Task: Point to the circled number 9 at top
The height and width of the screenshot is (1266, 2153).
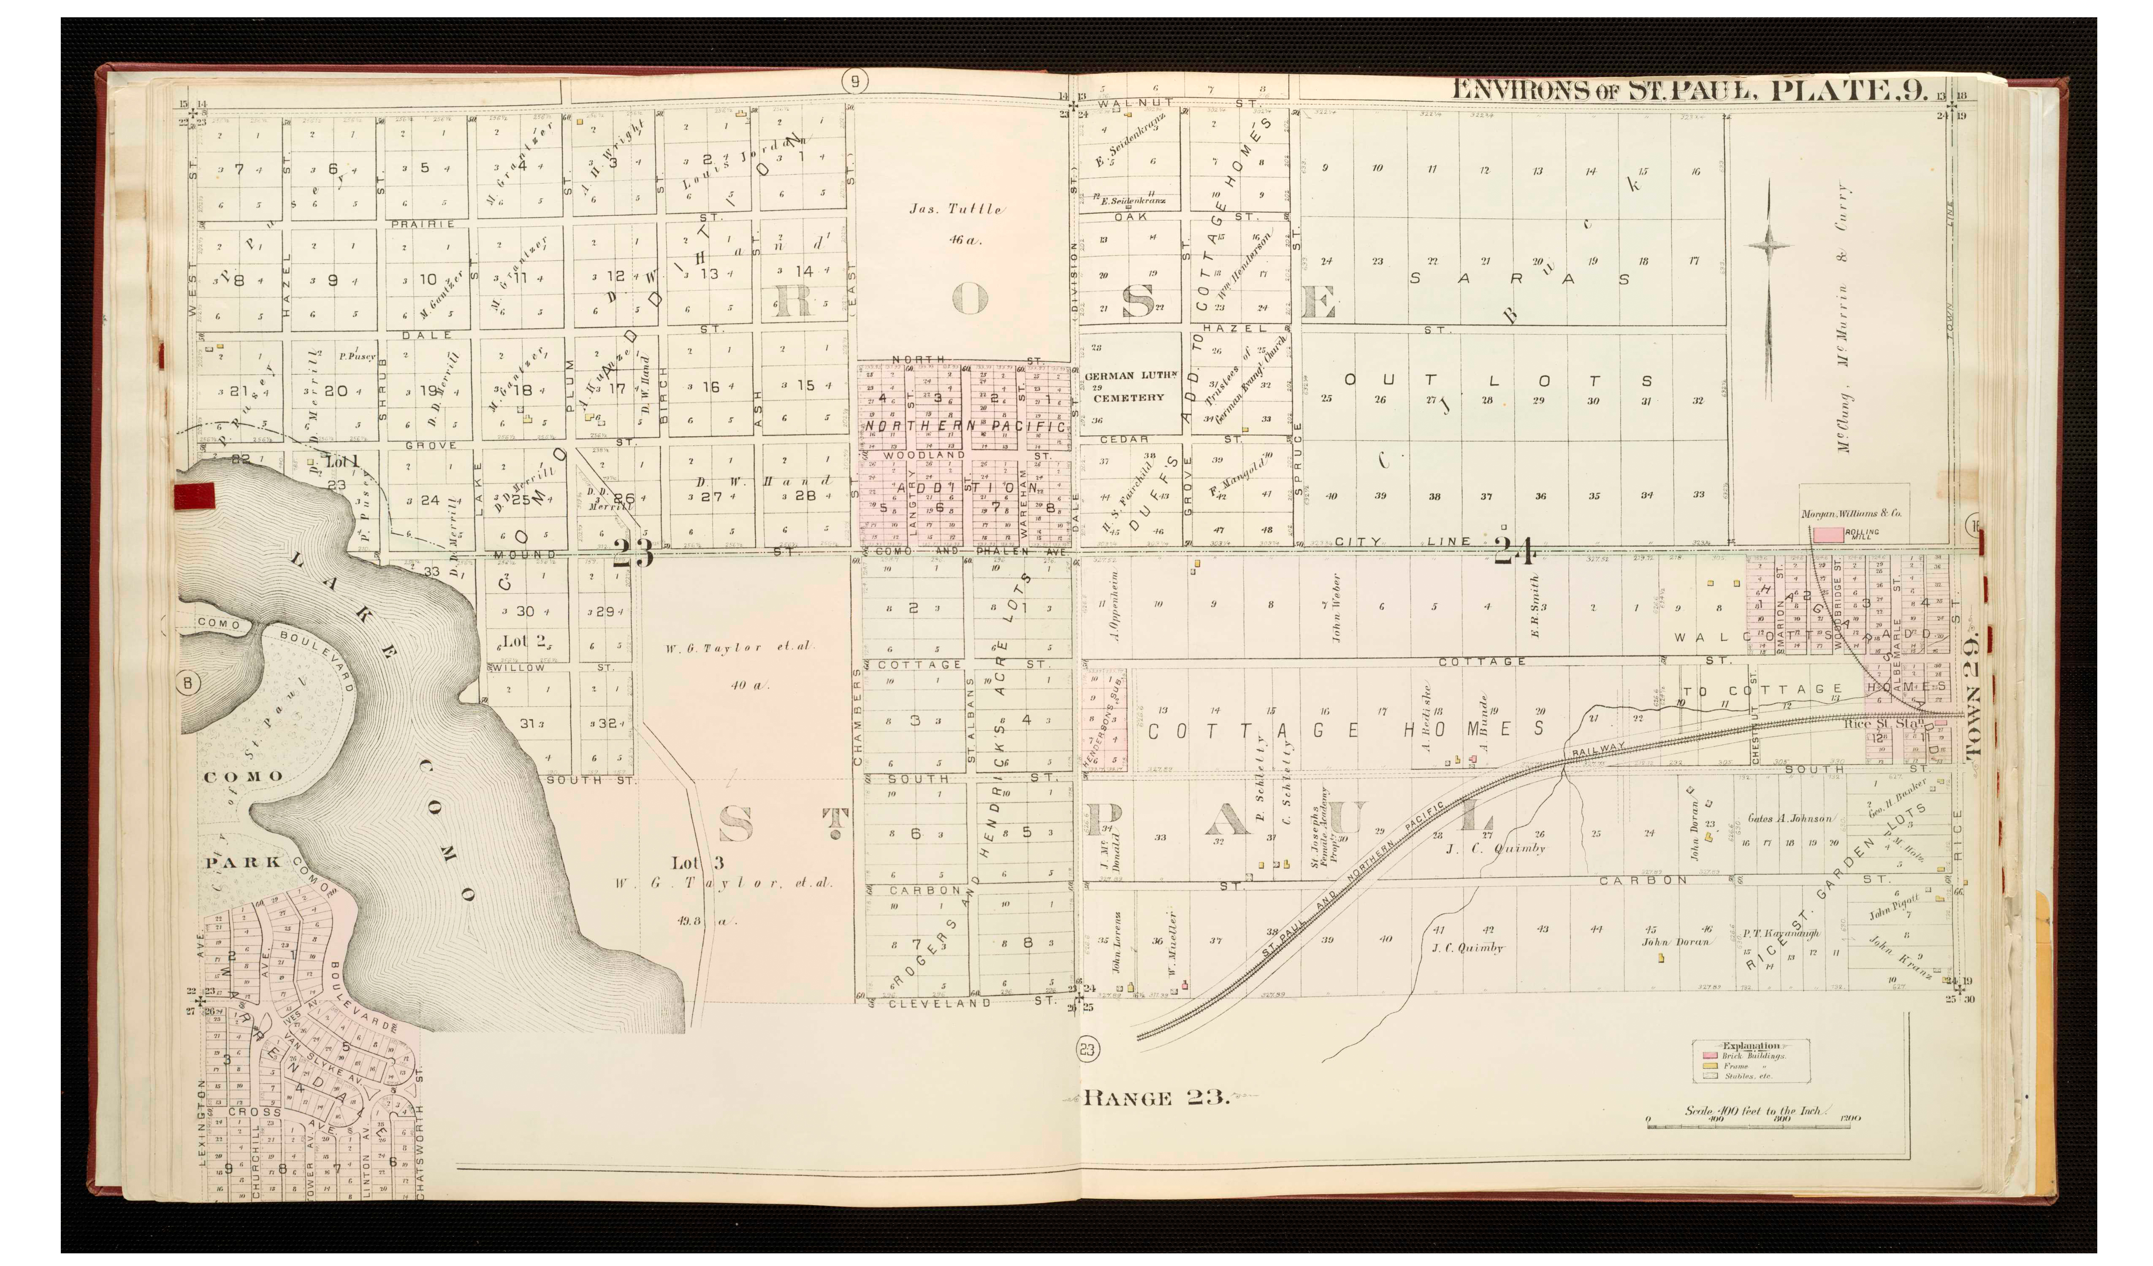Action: (854, 81)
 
